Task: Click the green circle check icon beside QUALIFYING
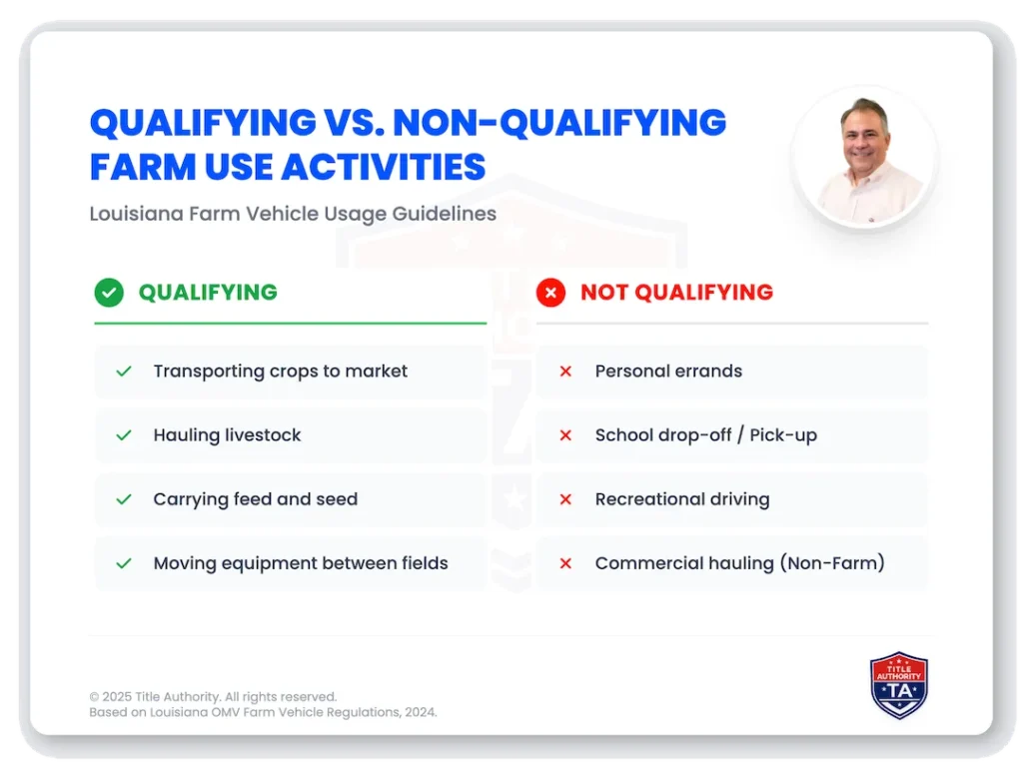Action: (109, 293)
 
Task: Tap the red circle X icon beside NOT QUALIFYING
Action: (550, 293)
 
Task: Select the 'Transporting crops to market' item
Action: (280, 372)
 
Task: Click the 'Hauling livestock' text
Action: (227, 435)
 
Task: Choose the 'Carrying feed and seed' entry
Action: (255, 499)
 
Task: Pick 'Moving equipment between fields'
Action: (300, 563)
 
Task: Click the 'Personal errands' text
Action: (668, 372)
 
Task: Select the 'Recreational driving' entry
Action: (682, 499)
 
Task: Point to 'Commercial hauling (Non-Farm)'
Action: (739, 563)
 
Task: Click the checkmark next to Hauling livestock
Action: (124, 435)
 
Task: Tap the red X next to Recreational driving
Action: (565, 499)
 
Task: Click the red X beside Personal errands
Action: (565, 372)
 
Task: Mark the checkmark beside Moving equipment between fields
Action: (124, 563)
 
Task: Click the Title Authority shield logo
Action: (899, 685)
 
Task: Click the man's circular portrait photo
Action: (865, 157)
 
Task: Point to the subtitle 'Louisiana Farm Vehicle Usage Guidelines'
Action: (292, 214)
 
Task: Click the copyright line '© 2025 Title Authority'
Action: (213, 696)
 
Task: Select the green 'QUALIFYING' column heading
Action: (208, 293)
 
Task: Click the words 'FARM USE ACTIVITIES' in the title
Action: (288, 167)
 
